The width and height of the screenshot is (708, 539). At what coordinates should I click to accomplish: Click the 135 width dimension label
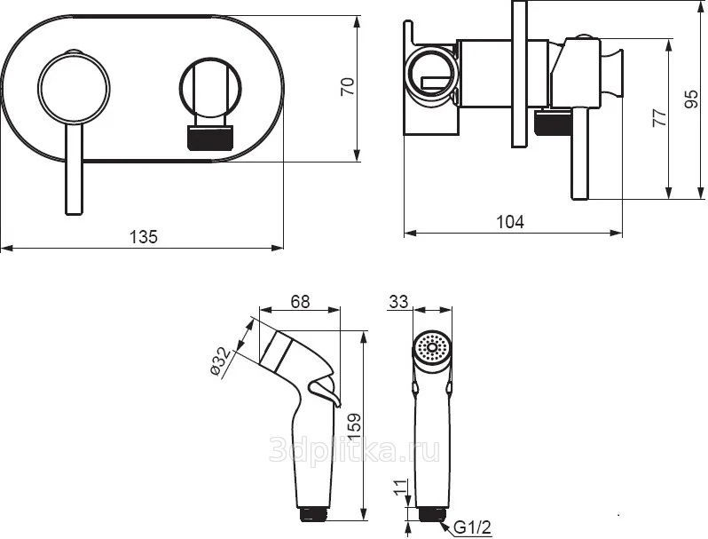tap(144, 237)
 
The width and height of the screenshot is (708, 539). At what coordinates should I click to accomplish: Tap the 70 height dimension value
tap(348, 87)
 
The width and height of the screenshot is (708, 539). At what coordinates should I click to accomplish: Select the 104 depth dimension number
tap(510, 222)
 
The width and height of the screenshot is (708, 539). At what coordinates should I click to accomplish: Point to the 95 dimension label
tap(691, 99)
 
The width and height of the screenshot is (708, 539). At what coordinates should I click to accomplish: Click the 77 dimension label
tap(660, 118)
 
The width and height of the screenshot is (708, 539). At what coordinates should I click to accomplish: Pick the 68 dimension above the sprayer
tap(300, 302)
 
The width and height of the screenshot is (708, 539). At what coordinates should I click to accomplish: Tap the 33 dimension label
tap(398, 302)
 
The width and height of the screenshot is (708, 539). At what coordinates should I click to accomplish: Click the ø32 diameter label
tap(221, 361)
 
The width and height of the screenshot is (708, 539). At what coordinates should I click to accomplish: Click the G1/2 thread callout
tap(472, 527)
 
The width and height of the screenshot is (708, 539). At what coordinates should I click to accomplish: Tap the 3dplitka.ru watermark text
tap(355, 449)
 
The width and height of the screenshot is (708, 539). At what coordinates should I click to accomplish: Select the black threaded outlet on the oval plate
tap(210, 138)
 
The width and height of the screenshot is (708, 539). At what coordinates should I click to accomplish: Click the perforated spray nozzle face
tap(432, 347)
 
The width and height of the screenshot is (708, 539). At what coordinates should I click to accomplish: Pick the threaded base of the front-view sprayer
tap(433, 515)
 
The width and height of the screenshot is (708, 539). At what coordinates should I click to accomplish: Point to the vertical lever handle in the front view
tap(74, 169)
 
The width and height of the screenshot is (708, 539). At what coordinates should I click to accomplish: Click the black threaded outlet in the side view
tap(552, 123)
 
